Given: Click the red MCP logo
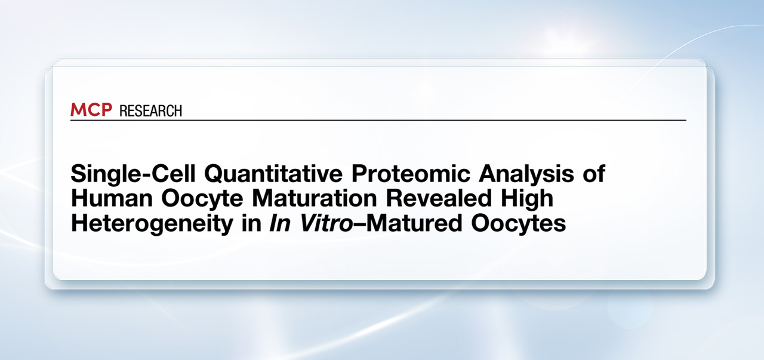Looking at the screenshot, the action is coord(91,109).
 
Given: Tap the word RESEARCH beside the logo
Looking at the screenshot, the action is coord(151,111).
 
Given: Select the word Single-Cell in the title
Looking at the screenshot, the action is coord(133,174).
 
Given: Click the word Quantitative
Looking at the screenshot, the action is coord(273,174).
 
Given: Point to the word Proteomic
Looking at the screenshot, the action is coord(411,174).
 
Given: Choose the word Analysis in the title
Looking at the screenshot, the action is coord(526,174).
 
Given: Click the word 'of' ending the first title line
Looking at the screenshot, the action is coord(594,173).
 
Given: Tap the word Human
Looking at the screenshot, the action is coord(112,198).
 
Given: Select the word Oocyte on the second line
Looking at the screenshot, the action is coord(202,199).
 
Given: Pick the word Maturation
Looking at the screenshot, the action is coord(314,198).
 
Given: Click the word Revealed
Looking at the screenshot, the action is coord(439,198).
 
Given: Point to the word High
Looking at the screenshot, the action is coord(526,199).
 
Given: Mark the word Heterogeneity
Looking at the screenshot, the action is coord(152,224).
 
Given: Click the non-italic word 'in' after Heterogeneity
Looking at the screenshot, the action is coord(251,223).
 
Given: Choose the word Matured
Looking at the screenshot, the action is coord(414,223).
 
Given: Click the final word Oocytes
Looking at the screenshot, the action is coord(519,224).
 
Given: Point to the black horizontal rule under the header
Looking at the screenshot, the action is coord(378,120).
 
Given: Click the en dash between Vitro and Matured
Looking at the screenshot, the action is coord(359,225).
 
